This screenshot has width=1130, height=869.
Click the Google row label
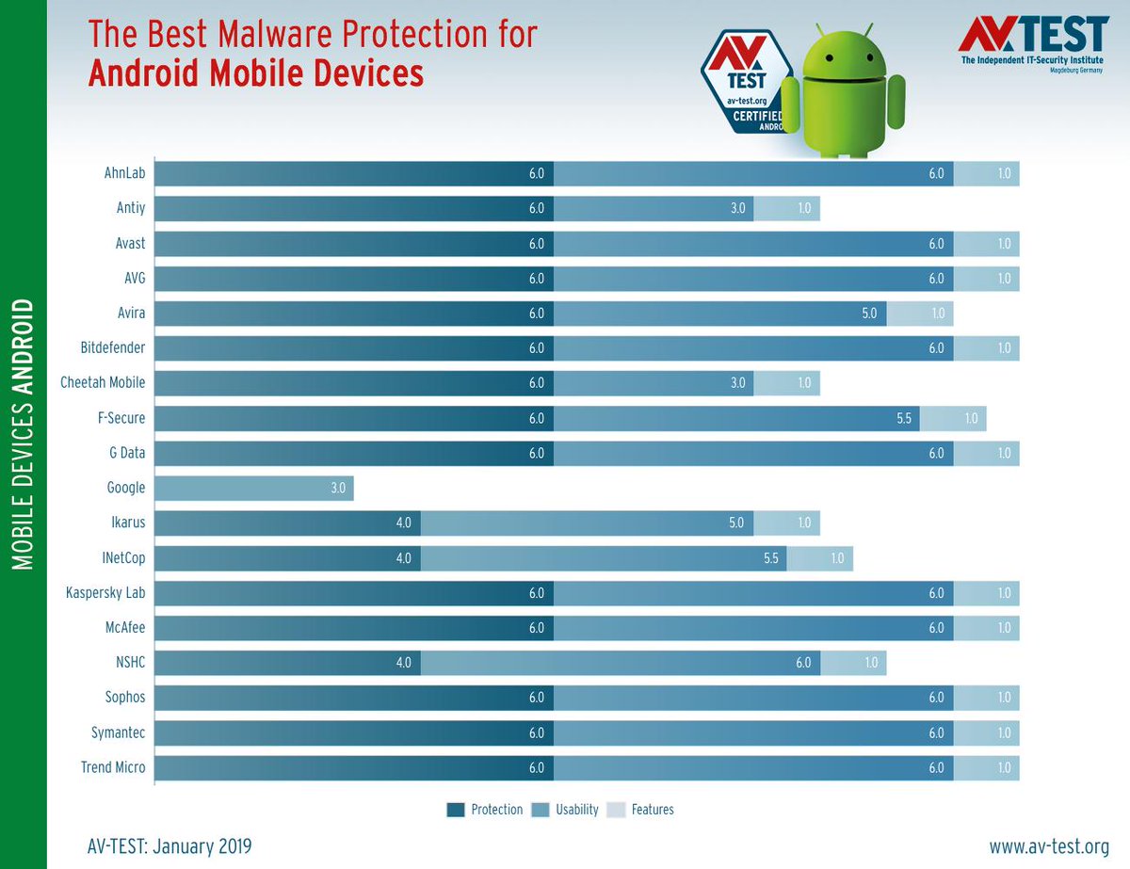[126, 488]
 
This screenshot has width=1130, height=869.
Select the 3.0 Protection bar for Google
[253, 488]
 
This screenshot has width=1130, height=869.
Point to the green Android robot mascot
[843, 94]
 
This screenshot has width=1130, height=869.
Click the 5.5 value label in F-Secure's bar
[904, 418]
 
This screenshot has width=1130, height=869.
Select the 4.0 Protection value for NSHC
[403, 663]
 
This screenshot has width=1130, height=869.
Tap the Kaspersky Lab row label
[105, 593]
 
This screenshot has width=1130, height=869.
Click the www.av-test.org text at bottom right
[1049, 846]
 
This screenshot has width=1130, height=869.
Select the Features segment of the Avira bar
[920, 314]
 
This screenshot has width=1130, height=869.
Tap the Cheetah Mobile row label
[103, 383]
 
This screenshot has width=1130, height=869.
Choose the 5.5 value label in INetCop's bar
[770, 558]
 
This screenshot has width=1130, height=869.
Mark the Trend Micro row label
[113, 767]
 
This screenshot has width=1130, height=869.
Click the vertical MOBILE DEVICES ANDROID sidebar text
[24, 433]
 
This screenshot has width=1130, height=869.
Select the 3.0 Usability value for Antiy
[737, 208]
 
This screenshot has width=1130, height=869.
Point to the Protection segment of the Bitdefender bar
[353, 348]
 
